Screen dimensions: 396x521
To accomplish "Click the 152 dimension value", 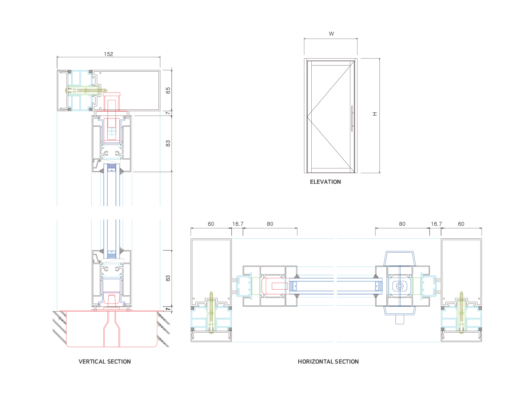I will click(109, 54).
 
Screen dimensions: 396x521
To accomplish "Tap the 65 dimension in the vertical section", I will click(168, 90).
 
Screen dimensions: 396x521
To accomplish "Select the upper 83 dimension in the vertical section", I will click(168, 143).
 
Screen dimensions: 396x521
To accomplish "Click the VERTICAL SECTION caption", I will click(105, 361).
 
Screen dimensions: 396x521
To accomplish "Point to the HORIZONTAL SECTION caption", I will click(328, 361).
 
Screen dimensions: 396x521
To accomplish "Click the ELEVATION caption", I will click(325, 182).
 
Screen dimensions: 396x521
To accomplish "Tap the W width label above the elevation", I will click(331, 33).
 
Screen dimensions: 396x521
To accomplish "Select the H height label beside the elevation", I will click(375, 114).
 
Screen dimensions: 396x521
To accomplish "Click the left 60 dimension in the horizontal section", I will click(211, 224).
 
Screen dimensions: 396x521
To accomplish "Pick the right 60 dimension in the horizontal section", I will click(461, 224).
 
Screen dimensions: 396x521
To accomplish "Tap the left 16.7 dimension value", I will click(237, 224).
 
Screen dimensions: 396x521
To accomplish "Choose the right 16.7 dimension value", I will click(436, 224).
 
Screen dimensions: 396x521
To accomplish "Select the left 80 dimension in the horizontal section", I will click(270, 224).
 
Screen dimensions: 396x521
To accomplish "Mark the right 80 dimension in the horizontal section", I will click(402, 224).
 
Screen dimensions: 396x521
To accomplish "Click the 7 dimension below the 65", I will click(168, 113).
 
